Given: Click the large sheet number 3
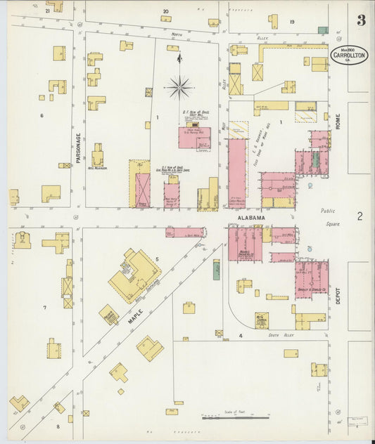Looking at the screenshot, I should [x=361, y=20].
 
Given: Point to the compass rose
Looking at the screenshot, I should [x=179, y=87].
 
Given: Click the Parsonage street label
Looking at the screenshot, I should [x=79, y=148].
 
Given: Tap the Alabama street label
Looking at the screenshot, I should [x=250, y=218].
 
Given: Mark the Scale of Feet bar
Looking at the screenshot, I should [x=229, y=417].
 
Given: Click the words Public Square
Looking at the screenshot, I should [x=329, y=217].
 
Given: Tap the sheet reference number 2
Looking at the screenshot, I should [x=359, y=216].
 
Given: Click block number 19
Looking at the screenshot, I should [x=291, y=22].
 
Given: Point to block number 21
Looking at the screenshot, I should [x=48, y=11].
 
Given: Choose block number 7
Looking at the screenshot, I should [x=44, y=308].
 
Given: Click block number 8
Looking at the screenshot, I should [x=58, y=426].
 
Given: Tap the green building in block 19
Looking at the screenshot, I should [x=322, y=30].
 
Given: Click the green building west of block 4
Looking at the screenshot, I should [x=216, y=269].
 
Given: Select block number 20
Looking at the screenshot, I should [x=166, y=11].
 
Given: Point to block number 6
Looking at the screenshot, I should [x=42, y=115].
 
